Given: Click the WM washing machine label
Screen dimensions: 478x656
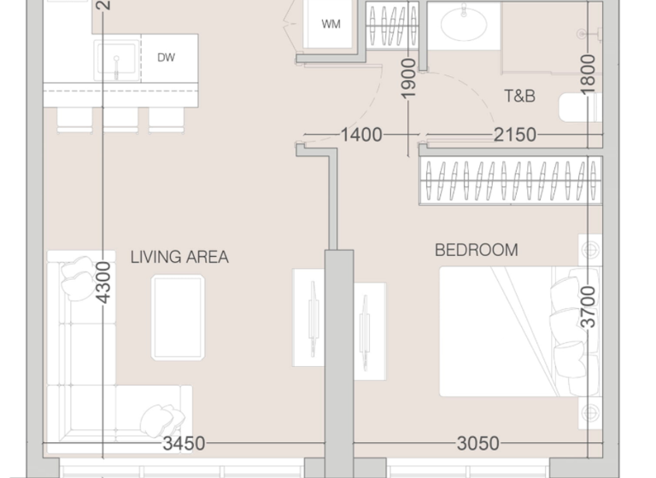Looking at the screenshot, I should pos(331,24).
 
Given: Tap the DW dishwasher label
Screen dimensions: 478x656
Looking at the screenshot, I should pos(167,58).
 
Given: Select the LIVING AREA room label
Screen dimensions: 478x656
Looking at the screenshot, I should pos(179,256).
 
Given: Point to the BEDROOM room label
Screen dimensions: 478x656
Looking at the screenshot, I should pos(476,250).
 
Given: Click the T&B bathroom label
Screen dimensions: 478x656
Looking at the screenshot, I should pos(519,96).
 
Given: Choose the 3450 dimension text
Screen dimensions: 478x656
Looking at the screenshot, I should pos(184,444).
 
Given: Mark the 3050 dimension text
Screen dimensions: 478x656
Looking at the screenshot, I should pos(478,444).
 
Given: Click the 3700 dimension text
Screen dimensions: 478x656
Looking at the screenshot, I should pos(589,306).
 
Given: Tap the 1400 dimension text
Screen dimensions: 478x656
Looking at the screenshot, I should pos(360,135).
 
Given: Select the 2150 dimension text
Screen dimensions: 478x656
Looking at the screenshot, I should pos(514,135).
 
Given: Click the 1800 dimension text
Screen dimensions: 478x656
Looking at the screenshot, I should pos(588,73).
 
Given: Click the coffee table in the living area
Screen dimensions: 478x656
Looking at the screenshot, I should pos(178,318).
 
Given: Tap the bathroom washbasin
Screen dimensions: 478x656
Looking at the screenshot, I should pos(464,23).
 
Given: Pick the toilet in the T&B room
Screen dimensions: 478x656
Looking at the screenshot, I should pos(581,108).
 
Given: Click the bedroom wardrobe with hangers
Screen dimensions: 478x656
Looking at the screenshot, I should pos(509,180).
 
